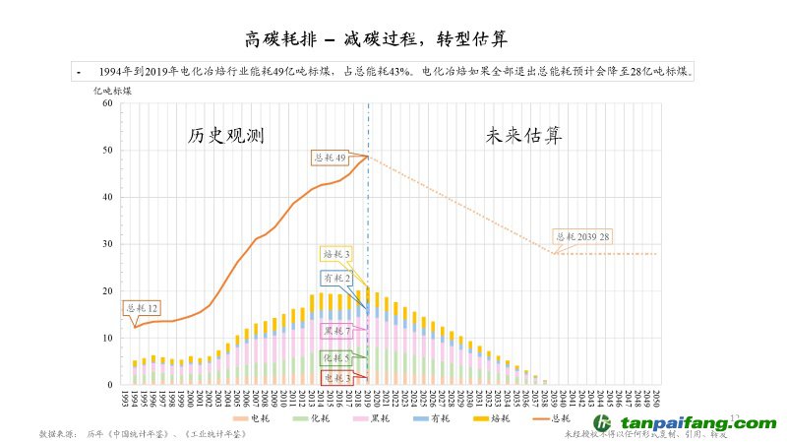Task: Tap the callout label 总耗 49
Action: [x=330, y=158]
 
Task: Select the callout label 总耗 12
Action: [x=141, y=309]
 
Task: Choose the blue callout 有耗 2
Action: [x=336, y=280]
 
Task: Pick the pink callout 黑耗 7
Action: [x=336, y=330]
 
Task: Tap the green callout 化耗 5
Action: [x=336, y=356]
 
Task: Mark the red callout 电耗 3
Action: [x=336, y=377]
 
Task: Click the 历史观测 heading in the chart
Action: [x=226, y=136]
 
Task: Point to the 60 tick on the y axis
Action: [x=107, y=104]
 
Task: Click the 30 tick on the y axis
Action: [x=107, y=244]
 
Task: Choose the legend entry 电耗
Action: [x=259, y=418]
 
